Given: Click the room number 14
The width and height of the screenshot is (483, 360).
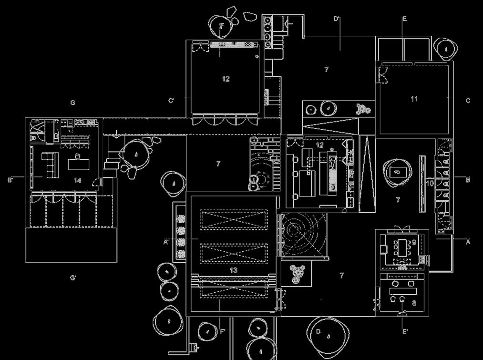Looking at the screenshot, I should (x=78, y=181).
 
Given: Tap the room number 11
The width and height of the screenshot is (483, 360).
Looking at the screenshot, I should (x=414, y=99).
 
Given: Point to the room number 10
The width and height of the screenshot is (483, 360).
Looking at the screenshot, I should (x=429, y=183).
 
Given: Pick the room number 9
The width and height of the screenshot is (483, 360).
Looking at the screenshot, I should (x=414, y=242).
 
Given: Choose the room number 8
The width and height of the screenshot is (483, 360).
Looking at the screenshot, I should (x=414, y=303).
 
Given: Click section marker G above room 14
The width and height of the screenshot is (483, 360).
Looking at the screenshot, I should (x=73, y=103).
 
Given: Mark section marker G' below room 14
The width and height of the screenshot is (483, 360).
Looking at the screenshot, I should (x=73, y=278).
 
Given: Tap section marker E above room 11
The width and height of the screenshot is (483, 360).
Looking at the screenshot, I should (x=404, y=19).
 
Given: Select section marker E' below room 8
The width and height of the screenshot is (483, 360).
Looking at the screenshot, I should (x=405, y=331).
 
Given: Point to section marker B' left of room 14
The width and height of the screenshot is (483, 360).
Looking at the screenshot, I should (x=10, y=180).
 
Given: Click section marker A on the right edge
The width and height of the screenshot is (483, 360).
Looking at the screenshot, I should (x=468, y=242).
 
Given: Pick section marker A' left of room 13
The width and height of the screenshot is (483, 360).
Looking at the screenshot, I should (x=166, y=242).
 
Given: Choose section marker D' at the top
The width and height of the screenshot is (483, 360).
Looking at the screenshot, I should (x=337, y=19).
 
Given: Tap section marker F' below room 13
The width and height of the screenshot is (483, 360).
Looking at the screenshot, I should (x=222, y=330).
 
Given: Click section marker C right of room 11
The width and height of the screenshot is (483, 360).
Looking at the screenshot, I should (x=468, y=101).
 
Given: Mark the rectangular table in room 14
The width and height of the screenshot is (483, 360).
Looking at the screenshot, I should (x=78, y=165).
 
